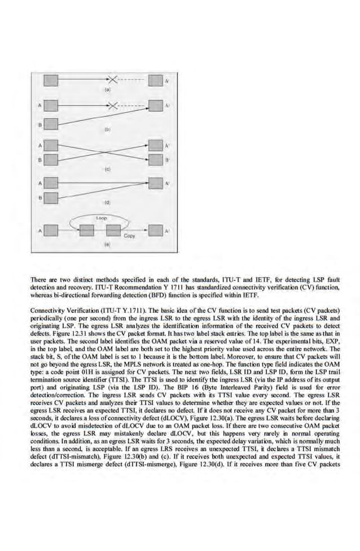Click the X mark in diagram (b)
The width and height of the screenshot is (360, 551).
point(113,105)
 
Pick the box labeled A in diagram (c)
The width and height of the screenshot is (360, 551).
point(51,146)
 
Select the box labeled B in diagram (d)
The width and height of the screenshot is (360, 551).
point(51,198)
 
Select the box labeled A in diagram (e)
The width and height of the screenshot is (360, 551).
point(51,231)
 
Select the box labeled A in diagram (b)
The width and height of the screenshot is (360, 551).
point(51,105)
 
